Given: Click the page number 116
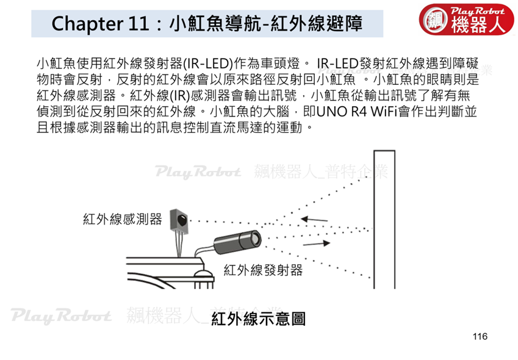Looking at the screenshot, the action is click(x=480, y=336).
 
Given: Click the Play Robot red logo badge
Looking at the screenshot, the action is click(x=466, y=19).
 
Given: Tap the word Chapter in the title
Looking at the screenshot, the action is click(x=87, y=24).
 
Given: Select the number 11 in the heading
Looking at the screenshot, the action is click(x=138, y=23).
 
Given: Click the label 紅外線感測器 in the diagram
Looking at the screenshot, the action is click(x=123, y=219).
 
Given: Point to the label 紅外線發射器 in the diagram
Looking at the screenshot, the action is click(x=264, y=270).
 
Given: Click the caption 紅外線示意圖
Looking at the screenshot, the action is click(x=258, y=319).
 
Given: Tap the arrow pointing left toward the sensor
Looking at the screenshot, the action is click(x=314, y=219).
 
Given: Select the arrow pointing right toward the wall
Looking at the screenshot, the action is click(x=317, y=243).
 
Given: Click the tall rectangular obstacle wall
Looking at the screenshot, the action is click(x=384, y=219).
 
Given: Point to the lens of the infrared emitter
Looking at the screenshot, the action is click(x=256, y=238).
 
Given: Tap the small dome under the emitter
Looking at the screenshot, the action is click(x=203, y=274).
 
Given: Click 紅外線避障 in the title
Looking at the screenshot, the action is click(x=316, y=23).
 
